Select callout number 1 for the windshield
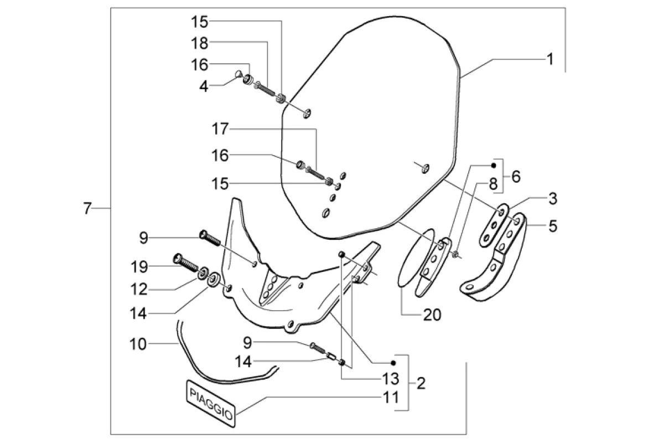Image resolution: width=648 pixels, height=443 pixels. pyautogui.click(x=549, y=59)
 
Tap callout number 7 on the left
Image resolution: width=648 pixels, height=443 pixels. pyautogui.click(x=86, y=209)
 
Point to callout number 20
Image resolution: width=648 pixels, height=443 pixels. pyautogui.click(x=432, y=315)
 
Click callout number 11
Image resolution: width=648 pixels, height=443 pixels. pyautogui.click(x=391, y=397)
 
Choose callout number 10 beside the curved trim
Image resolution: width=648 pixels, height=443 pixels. pyautogui.click(x=138, y=344)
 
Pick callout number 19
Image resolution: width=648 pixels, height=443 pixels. pyautogui.click(x=139, y=267)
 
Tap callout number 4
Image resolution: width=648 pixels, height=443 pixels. pyautogui.click(x=204, y=87)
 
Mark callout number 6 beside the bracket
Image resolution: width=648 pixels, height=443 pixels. pyautogui.click(x=515, y=177)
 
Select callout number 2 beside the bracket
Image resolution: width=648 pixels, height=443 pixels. pyautogui.click(x=421, y=383)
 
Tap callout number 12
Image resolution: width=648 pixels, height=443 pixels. pyautogui.click(x=139, y=289)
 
